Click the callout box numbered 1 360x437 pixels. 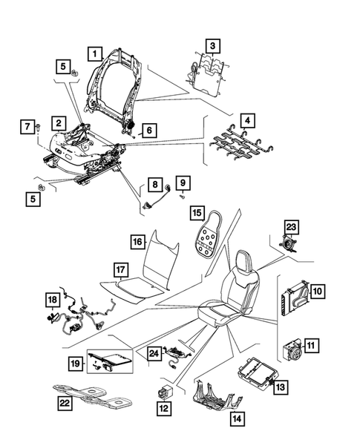point(94,53)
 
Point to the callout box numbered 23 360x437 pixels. point(291,227)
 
